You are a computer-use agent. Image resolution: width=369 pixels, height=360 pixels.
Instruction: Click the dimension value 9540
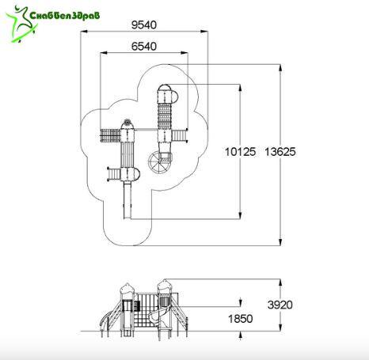[144, 25]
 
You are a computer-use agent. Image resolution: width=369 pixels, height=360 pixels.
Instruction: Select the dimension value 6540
[144, 47]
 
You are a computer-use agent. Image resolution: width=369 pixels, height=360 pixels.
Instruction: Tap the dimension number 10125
[240, 152]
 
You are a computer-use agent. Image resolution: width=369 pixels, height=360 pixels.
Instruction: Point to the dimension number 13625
[280, 152]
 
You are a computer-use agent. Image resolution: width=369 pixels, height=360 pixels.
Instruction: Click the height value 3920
[280, 305]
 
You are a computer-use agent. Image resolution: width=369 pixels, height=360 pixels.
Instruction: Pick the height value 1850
[240, 319]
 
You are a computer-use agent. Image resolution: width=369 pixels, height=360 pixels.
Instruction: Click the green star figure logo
[21, 24]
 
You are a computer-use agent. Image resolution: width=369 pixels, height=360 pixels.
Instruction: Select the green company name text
[65, 15]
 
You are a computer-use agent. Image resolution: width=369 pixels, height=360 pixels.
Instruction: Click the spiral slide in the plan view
[160, 162]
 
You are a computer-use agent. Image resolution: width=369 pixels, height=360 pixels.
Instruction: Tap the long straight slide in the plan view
[127, 200]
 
